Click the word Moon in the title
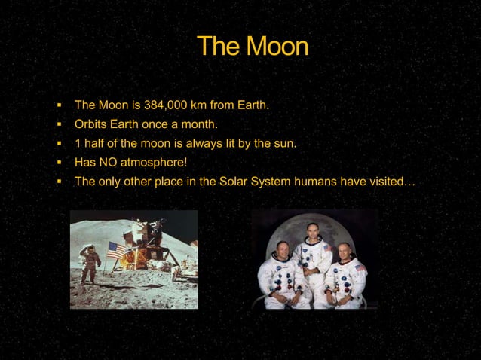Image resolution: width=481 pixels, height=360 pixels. [276, 47]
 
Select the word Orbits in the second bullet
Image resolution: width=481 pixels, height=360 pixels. [90, 124]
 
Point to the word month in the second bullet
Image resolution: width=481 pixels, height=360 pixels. [198, 124]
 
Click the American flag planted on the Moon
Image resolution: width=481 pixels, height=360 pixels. [116, 251]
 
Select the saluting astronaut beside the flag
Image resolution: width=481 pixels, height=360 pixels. [91, 264]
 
